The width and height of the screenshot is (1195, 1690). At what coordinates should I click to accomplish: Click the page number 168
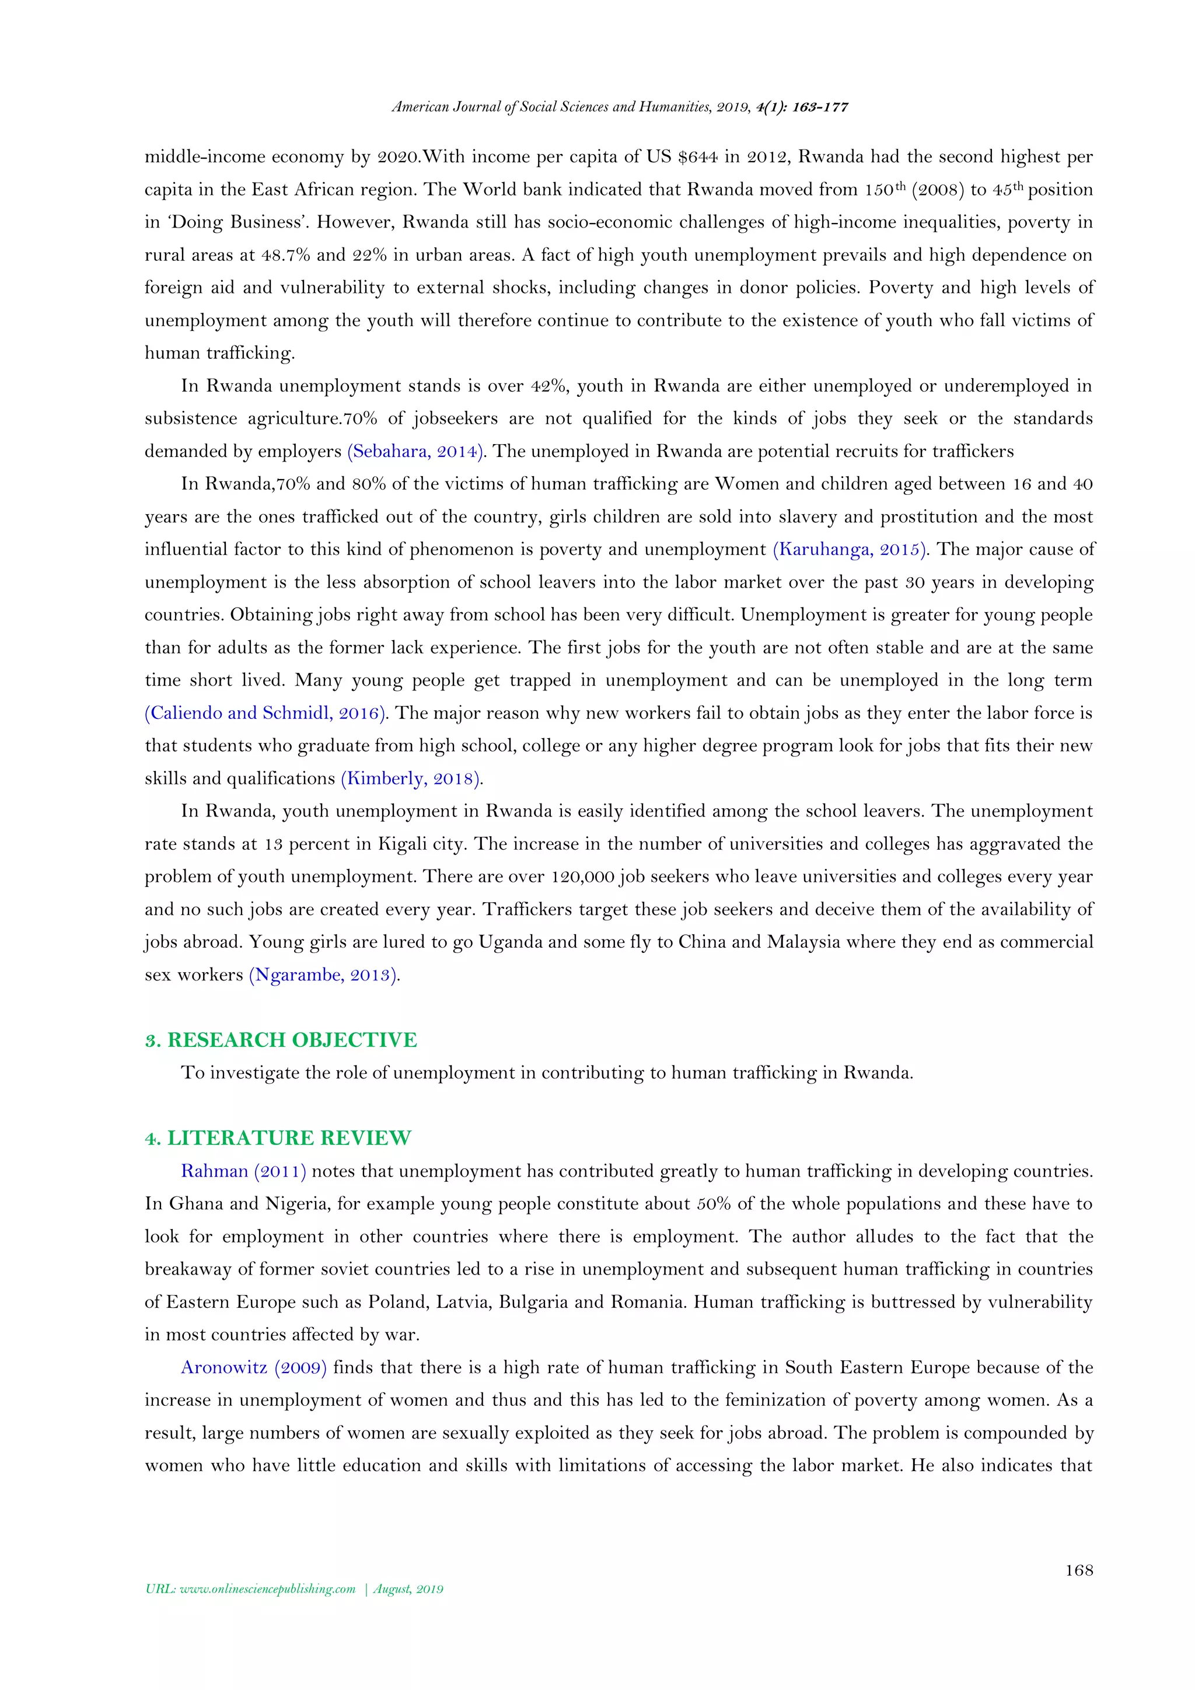1079,1570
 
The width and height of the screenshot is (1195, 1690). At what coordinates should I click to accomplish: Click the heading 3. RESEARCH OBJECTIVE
281,1039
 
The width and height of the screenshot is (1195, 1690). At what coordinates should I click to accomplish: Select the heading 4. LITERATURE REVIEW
278,1137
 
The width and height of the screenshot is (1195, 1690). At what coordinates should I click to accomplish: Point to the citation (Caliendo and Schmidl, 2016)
267,713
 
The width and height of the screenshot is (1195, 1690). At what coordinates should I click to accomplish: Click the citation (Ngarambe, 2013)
324,975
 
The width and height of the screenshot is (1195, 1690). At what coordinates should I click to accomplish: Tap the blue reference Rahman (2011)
243,1171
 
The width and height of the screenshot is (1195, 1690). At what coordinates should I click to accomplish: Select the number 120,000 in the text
582,876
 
